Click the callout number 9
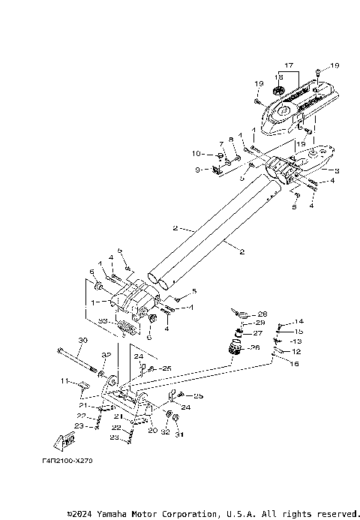click(x=197, y=170)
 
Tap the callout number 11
click(x=64, y=381)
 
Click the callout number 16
click(x=294, y=362)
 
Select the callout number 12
click(x=295, y=350)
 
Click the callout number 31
click(x=178, y=434)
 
